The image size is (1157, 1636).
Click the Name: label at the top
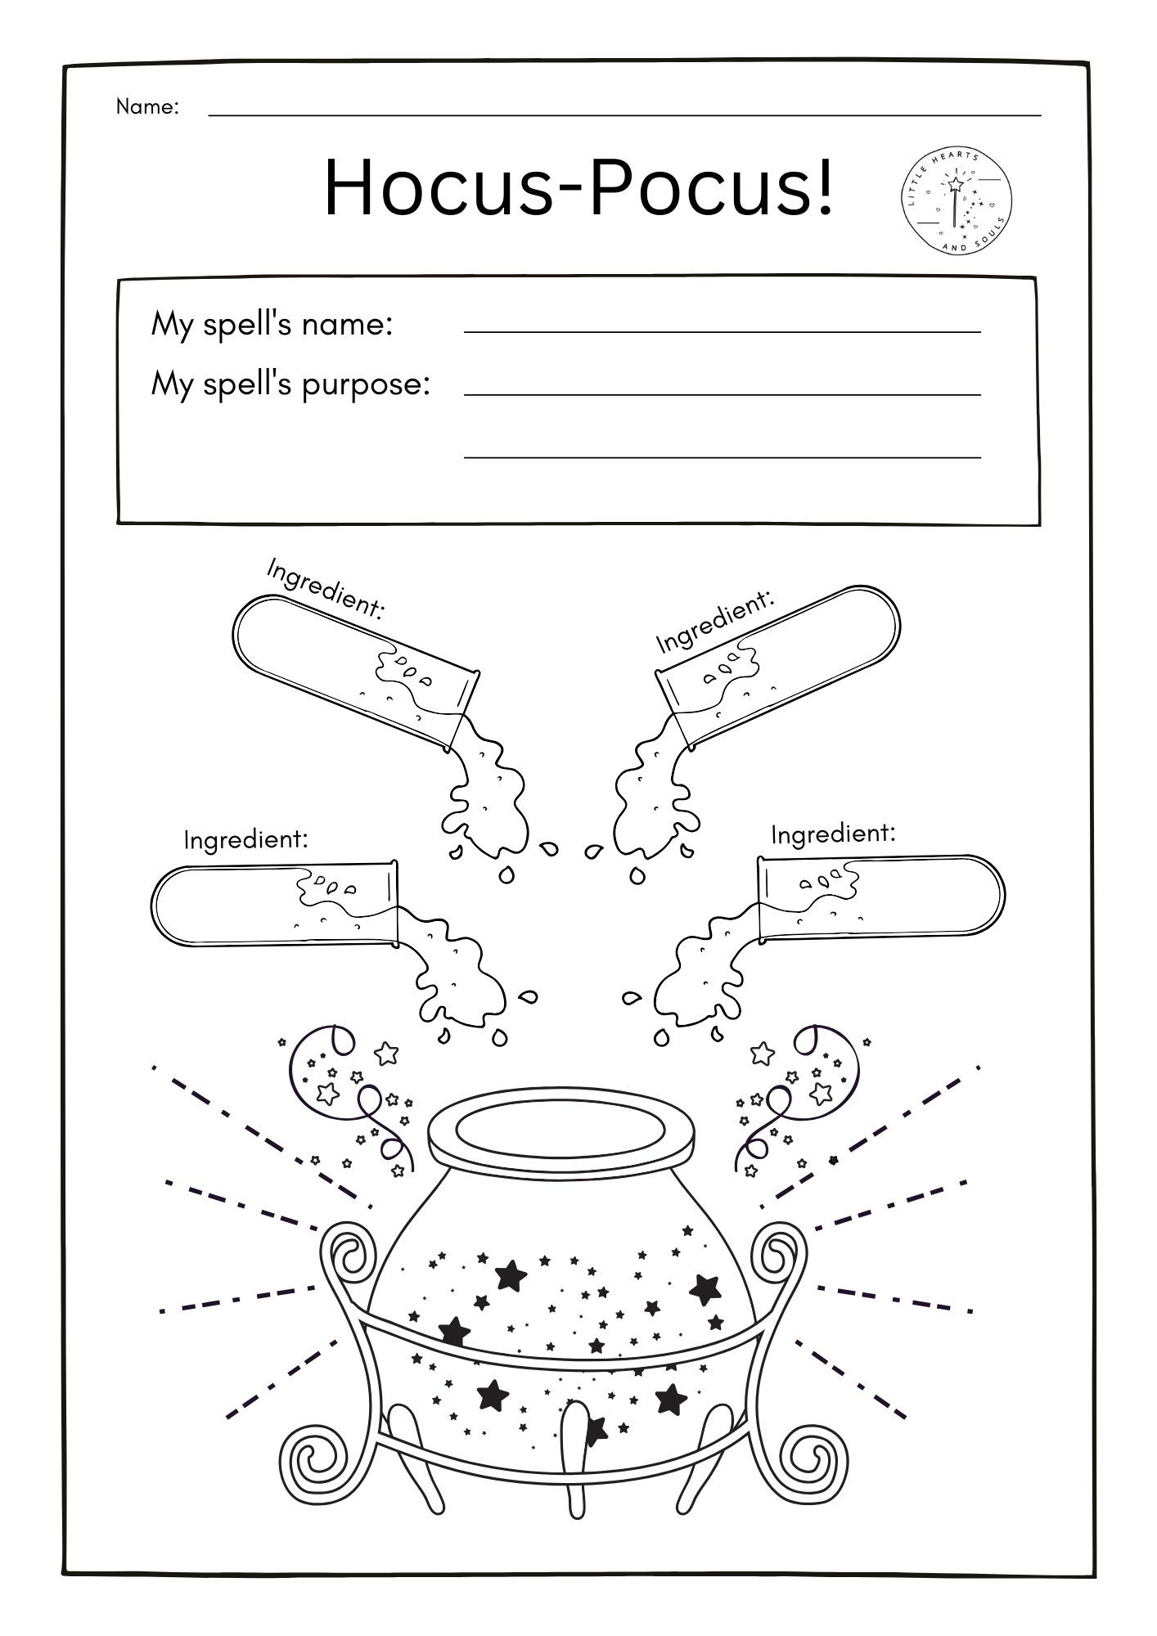point(147,106)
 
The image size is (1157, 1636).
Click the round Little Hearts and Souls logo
point(957,200)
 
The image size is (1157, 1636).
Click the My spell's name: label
point(272,325)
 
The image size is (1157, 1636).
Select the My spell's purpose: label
point(290,384)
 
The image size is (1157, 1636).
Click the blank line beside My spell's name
point(722,332)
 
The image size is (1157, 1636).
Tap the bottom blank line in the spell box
point(722,457)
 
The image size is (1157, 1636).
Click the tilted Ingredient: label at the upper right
point(714,622)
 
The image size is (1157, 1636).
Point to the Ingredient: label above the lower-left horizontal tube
point(245,839)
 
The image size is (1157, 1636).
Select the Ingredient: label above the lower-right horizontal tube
point(833,834)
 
